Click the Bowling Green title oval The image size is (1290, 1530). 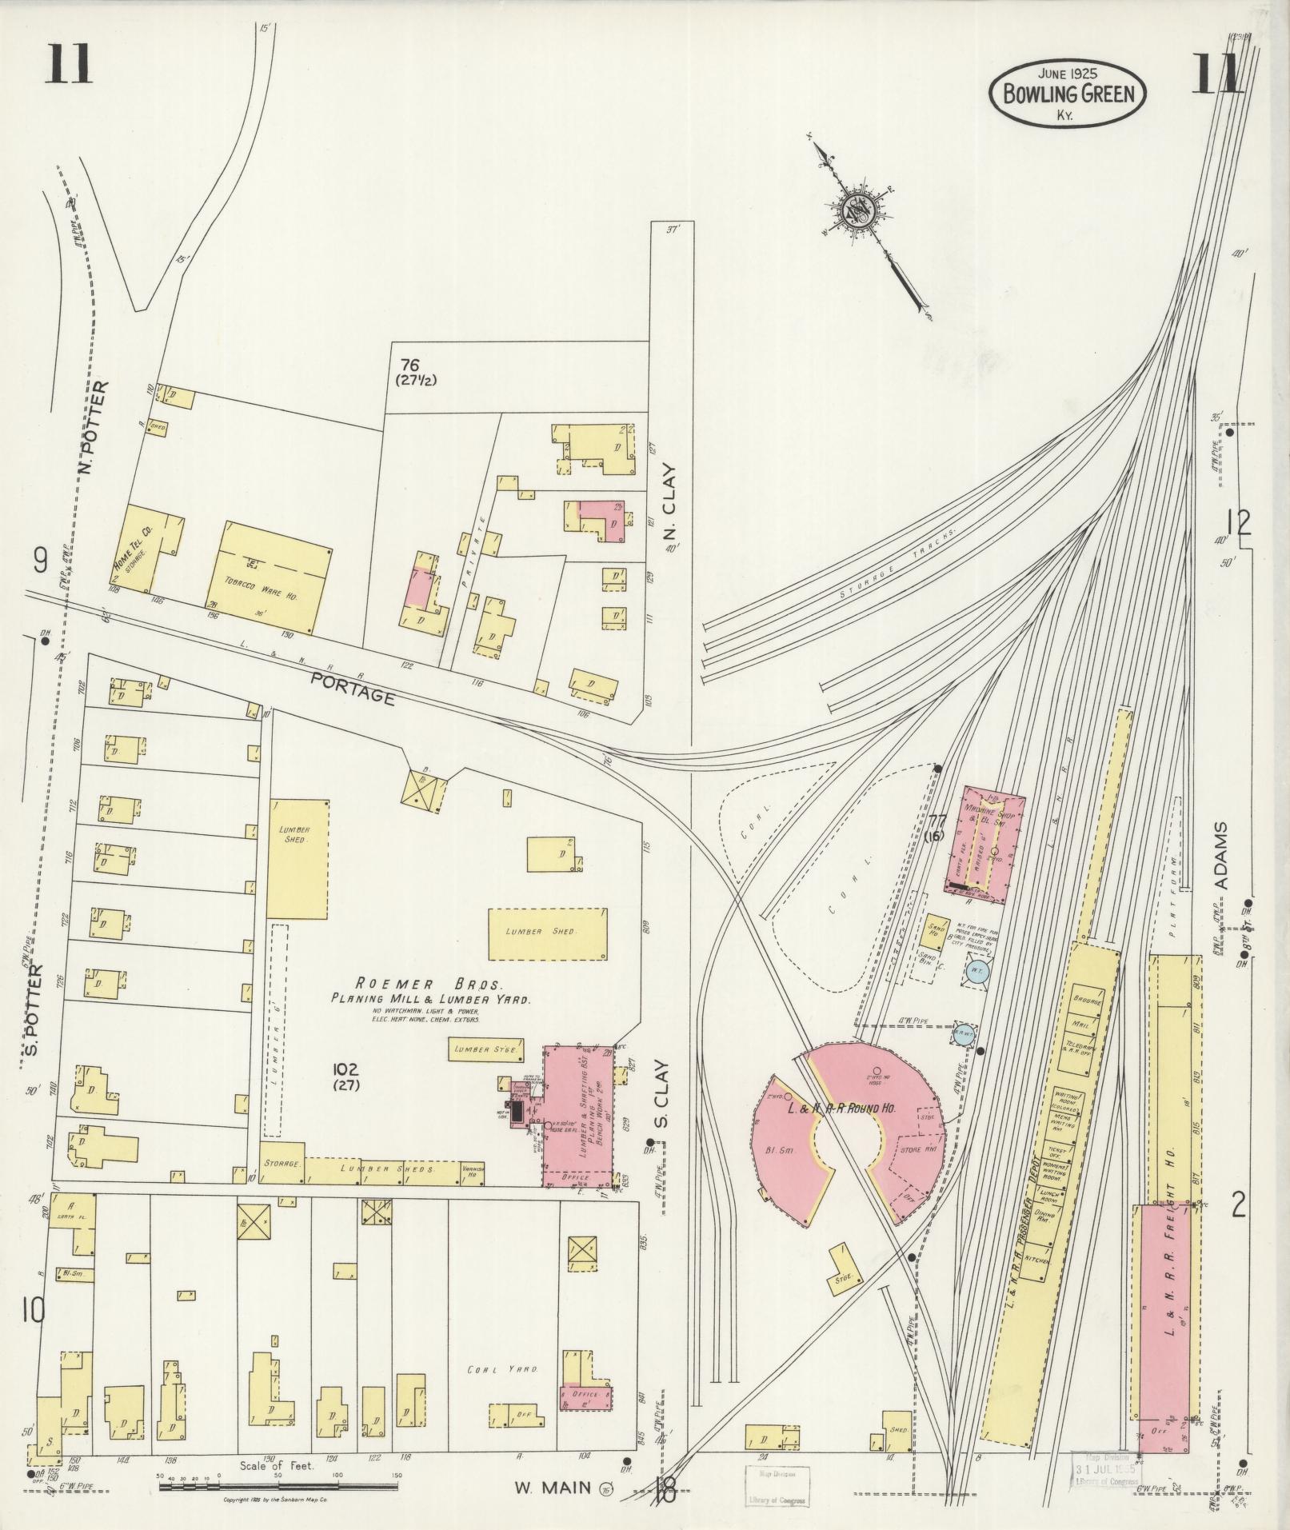1067,94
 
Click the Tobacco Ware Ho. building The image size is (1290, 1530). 271,579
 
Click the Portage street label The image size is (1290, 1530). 353,688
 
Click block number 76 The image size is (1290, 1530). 410,366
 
